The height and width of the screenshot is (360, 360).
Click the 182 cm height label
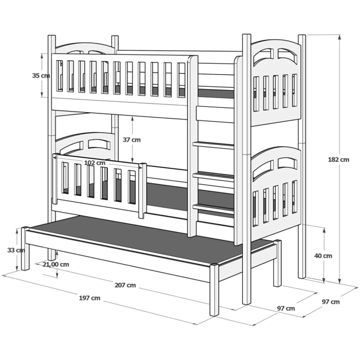338,159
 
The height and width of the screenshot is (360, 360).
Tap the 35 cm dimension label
41,75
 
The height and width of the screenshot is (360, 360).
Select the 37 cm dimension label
132,139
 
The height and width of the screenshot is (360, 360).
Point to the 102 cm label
95,163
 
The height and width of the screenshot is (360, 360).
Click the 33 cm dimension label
16,250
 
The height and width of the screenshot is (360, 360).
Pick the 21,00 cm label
56,264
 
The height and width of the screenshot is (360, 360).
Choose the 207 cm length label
125,285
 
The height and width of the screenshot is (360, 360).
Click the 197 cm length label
89,298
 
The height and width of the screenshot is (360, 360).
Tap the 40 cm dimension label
323,256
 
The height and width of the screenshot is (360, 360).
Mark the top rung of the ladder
213,146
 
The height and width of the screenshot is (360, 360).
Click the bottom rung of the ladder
213,208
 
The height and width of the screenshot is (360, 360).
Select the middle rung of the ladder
213,176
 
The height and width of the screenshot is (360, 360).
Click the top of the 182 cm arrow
339,35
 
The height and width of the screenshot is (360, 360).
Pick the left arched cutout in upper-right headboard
263,57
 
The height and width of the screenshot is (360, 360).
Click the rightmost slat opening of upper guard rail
182,80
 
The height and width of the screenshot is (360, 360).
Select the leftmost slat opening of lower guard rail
65,178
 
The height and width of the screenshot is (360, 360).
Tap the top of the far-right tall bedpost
302,35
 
